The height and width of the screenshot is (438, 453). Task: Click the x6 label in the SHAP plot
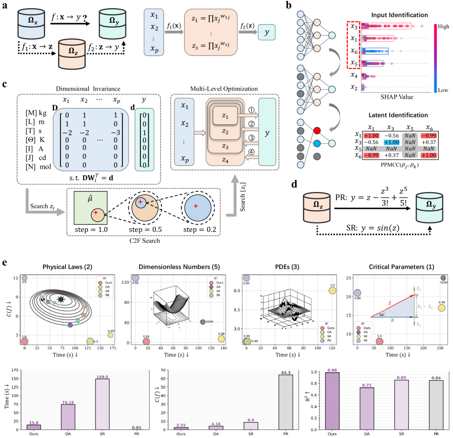(353, 51)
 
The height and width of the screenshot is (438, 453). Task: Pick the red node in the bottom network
(316, 131)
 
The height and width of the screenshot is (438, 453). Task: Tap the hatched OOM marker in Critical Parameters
(443, 278)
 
